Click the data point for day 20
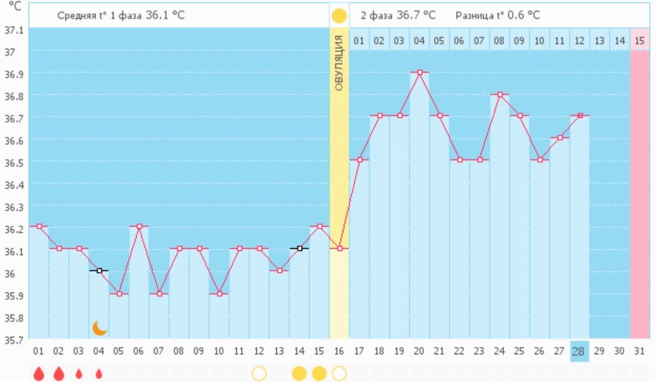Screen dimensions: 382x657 pyautogui.click(x=419, y=72)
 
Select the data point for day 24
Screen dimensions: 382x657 pyautogui.click(x=499, y=94)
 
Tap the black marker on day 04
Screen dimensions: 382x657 pyautogui.click(x=99, y=270)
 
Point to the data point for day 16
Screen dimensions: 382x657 pyautogui.click(x=339, y=248)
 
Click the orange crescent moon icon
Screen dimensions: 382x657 pyautogui.click(x=99, y=327)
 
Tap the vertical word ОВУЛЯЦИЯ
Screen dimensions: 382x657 pyautogui.click(x=339, y=62)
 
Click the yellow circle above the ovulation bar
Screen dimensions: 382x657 pyautogui.click(x=339, y=15)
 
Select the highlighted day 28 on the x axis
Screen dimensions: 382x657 pyautogui.click(x=579, y=350)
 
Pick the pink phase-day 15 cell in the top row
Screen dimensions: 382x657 pyautogui.click(x=639, y=41)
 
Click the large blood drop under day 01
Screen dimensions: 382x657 pyautogui.click(x=39, y=373)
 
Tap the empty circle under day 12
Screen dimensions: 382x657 pyautogui.click(x=259, y=373)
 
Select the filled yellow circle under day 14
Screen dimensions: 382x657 pyautogui.click(x=299, y=373)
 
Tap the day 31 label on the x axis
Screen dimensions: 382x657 pyautogui.click(x=639, y=350)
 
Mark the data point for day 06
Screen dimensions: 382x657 pyautogui.click(x=139, y=226)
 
